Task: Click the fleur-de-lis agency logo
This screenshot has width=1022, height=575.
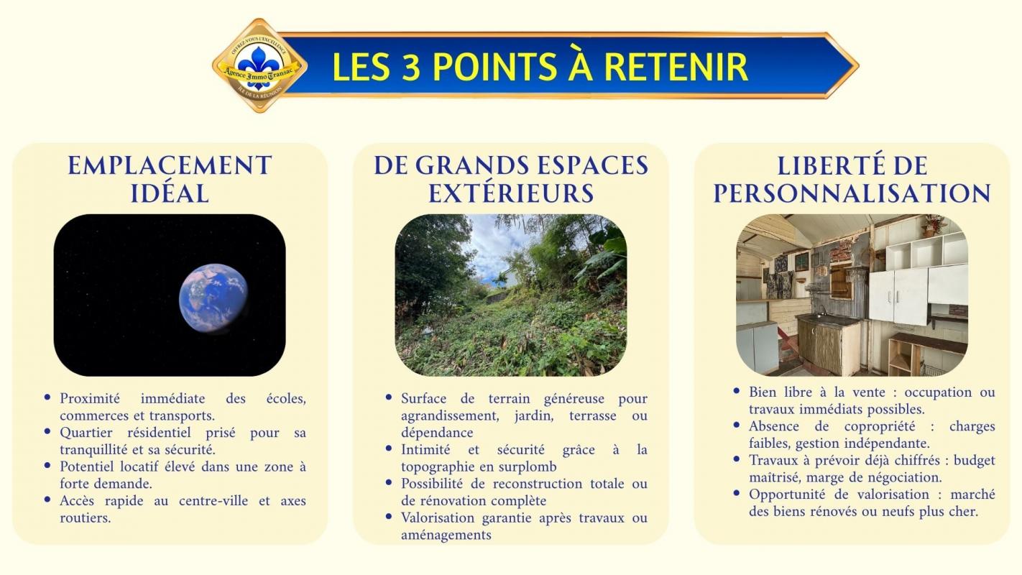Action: pos(259,65)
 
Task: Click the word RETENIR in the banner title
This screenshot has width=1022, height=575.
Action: pos(676,67)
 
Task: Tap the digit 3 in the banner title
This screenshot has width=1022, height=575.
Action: pos(411,67)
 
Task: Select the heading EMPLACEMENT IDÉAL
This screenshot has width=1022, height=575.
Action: pos(170,180)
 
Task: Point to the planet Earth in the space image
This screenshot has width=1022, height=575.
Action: pos(213,298)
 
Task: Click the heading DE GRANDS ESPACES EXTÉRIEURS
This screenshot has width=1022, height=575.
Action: pos(510,180)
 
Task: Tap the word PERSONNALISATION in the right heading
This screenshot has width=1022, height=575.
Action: pos(852,193)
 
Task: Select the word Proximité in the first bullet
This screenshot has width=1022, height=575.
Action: pos(90,398)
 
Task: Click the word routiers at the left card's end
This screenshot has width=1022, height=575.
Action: pos(86,518)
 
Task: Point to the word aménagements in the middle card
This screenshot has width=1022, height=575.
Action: pos(446,535)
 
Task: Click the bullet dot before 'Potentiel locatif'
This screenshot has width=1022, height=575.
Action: pos(47,466)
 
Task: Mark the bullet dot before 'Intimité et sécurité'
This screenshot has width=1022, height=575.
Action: pos(389,448)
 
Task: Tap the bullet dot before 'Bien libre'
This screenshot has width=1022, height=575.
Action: pos(737,391)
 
